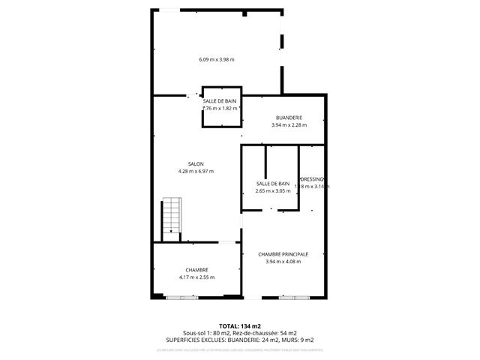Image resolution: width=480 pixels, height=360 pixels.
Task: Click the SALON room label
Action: pyautogui.click(x=196, y=164)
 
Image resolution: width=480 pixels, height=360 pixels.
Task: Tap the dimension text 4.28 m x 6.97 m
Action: pyautogui.click(x=196, y=172)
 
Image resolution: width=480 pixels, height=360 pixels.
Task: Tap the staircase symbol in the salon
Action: pyautogui.click(x=172, y=216)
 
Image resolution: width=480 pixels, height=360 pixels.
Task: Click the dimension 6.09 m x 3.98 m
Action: pyautogui.click(x=217, y=60)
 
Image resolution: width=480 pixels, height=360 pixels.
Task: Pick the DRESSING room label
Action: pyautogui.click(x=312, y=178)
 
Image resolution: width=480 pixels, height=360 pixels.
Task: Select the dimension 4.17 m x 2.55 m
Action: pyautogui.click(x=196, y=277)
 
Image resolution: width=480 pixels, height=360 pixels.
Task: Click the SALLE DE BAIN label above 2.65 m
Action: pyautogui.click(x=272, y=184)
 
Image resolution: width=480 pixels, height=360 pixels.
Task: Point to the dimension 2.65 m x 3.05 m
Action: pyautogui.click(x=272, y=191)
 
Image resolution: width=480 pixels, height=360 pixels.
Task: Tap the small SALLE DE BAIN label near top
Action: pyautogui.click(x=220, y=100)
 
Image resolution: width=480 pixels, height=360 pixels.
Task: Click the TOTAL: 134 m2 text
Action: pyautogui.click(x=239, y=326)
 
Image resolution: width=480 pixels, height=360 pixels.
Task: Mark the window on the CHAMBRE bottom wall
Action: pyautogui.click(x=183, y=298)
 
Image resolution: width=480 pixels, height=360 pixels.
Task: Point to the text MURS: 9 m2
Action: pyautogui.click(x=301, y=340)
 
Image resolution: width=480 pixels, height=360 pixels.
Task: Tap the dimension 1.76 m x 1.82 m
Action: pyautogui.click(x=220, y=108)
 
